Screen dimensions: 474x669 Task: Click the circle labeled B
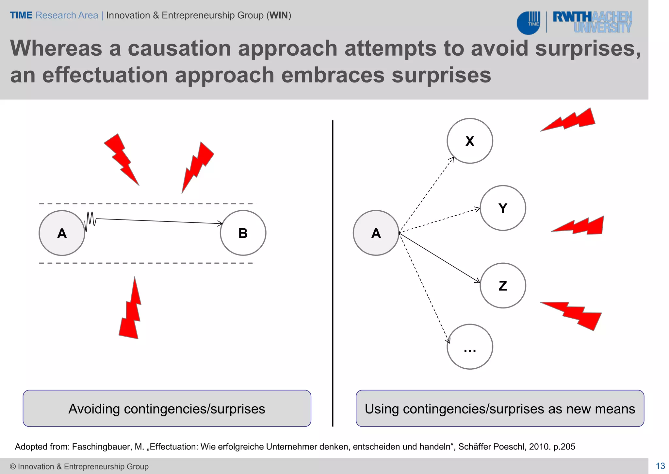[243, 233]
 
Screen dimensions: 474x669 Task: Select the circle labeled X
[469, 141]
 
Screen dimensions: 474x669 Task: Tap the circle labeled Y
[502, 208]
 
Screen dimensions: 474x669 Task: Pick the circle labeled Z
[502, 286]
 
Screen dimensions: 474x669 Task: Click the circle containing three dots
[469, 347]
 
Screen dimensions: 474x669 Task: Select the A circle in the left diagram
[62, 233]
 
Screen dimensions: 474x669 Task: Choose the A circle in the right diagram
[376, 233]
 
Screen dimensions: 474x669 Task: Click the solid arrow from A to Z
[439, 257]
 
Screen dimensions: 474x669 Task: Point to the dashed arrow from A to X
[426, 195]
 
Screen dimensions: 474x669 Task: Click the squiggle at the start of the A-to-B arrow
[90, 220]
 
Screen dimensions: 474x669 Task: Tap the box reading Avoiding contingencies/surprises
[167, 408]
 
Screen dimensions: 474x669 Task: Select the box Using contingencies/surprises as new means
[499, 408]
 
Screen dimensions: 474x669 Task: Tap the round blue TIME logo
[528, 23]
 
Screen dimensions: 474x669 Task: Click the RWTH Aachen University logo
[592, 22]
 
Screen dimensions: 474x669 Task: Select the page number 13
[660, 466]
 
